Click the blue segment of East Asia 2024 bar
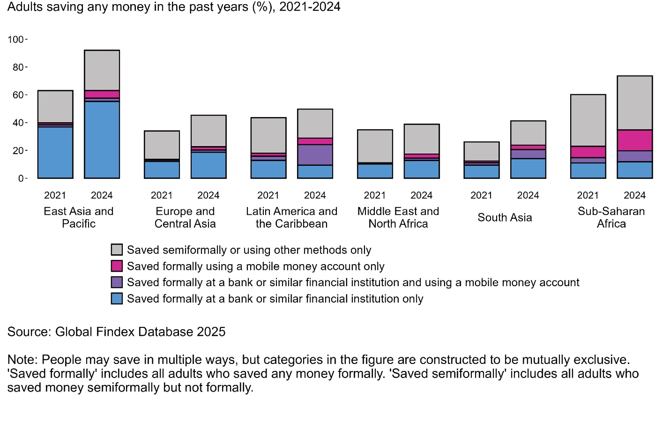pos(102,140)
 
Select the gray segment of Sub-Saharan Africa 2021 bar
pos(588,120)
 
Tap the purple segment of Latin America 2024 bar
pos(315,155)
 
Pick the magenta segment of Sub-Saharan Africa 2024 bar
pos(634,140)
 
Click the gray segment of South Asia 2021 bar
pos(481,151)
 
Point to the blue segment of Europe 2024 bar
pos(208,165)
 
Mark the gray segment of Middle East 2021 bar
pos(375,146)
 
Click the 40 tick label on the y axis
pos(18,123)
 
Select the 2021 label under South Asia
pos(481,195)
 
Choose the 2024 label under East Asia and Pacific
pos(102,195)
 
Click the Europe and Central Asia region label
pos(185,217)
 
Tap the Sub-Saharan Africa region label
pos(611,217)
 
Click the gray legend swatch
pos(117,250)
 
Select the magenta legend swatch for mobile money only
pos(117,266)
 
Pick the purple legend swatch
pos(117,282)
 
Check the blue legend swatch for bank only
pos(117,298)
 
